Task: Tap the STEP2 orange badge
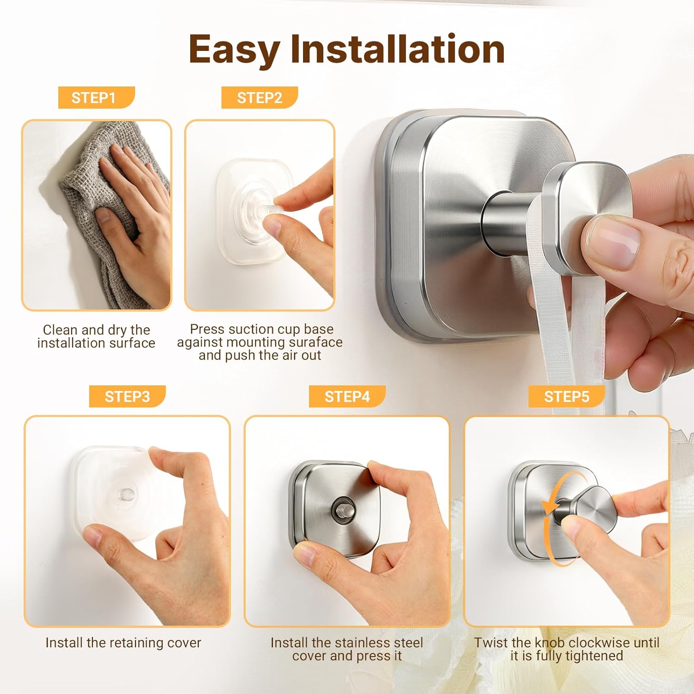click(x=260, y=98)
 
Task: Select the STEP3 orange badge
click(x=127, y=397)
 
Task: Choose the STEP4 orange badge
click(x=347, y=397)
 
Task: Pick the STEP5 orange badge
click(x=567, y=397)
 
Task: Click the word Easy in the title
click(x=234, y=50)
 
